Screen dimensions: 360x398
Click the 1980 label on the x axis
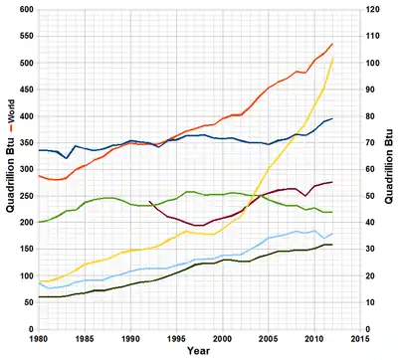(39, 340)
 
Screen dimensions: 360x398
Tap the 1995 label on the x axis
(176, 340)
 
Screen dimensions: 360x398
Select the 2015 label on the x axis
(360, 340)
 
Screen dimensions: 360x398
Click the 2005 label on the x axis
(269, 340)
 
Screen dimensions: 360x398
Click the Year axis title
(199, 352)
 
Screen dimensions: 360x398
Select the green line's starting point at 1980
(39, 222)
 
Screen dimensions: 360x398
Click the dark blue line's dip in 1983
(67, 158)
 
